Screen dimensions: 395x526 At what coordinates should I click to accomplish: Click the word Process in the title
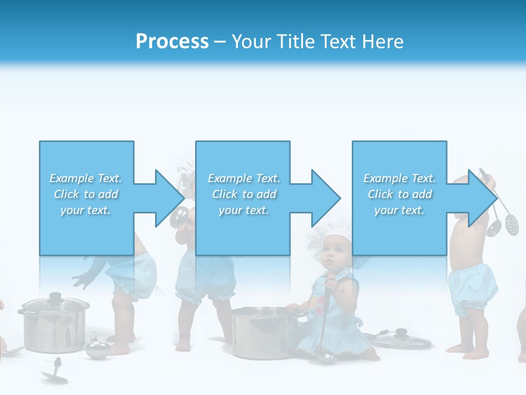[172, 42]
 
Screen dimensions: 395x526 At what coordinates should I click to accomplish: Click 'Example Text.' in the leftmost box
[85, 178]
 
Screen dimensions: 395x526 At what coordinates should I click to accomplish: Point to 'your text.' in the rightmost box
[399, 210]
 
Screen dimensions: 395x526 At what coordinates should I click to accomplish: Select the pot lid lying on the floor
[403, 340]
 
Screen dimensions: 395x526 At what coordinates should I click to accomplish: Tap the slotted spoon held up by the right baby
[512, 223]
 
